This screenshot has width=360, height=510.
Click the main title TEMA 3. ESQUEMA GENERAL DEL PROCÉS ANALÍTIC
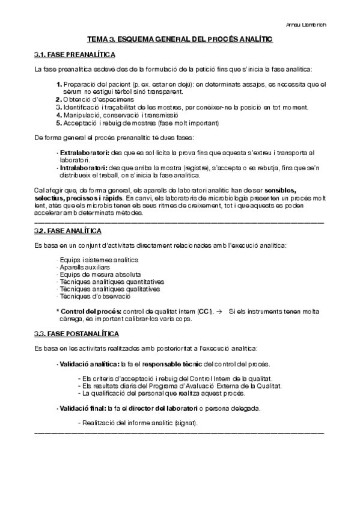(x=180, y=39)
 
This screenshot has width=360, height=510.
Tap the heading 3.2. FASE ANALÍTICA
(x=59, y=231)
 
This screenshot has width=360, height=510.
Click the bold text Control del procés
(x=90, y=311)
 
